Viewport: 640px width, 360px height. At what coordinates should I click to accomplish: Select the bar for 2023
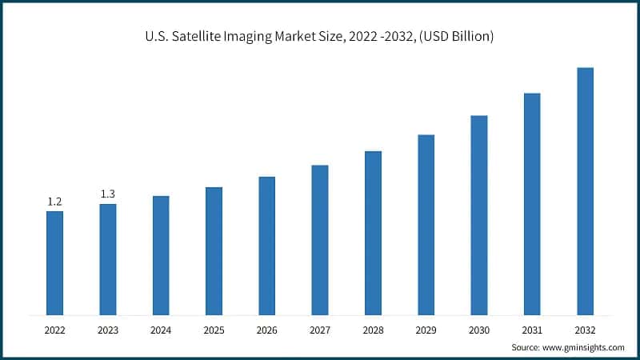pyautogui.click(x=107, y=259)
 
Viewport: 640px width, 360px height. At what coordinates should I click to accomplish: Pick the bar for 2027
pyautogui.click(x=320, y=239)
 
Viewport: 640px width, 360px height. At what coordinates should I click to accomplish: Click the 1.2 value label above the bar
pyautogui.click(x=54, y=202)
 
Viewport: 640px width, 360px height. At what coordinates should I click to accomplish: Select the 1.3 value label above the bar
pyautogui.click(x=107, y=194)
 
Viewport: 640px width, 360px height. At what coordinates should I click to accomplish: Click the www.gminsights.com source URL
pyautogui.click(x=584, y=348)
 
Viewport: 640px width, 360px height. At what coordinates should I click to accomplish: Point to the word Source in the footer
pyautogui.click(x=526, y=348)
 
